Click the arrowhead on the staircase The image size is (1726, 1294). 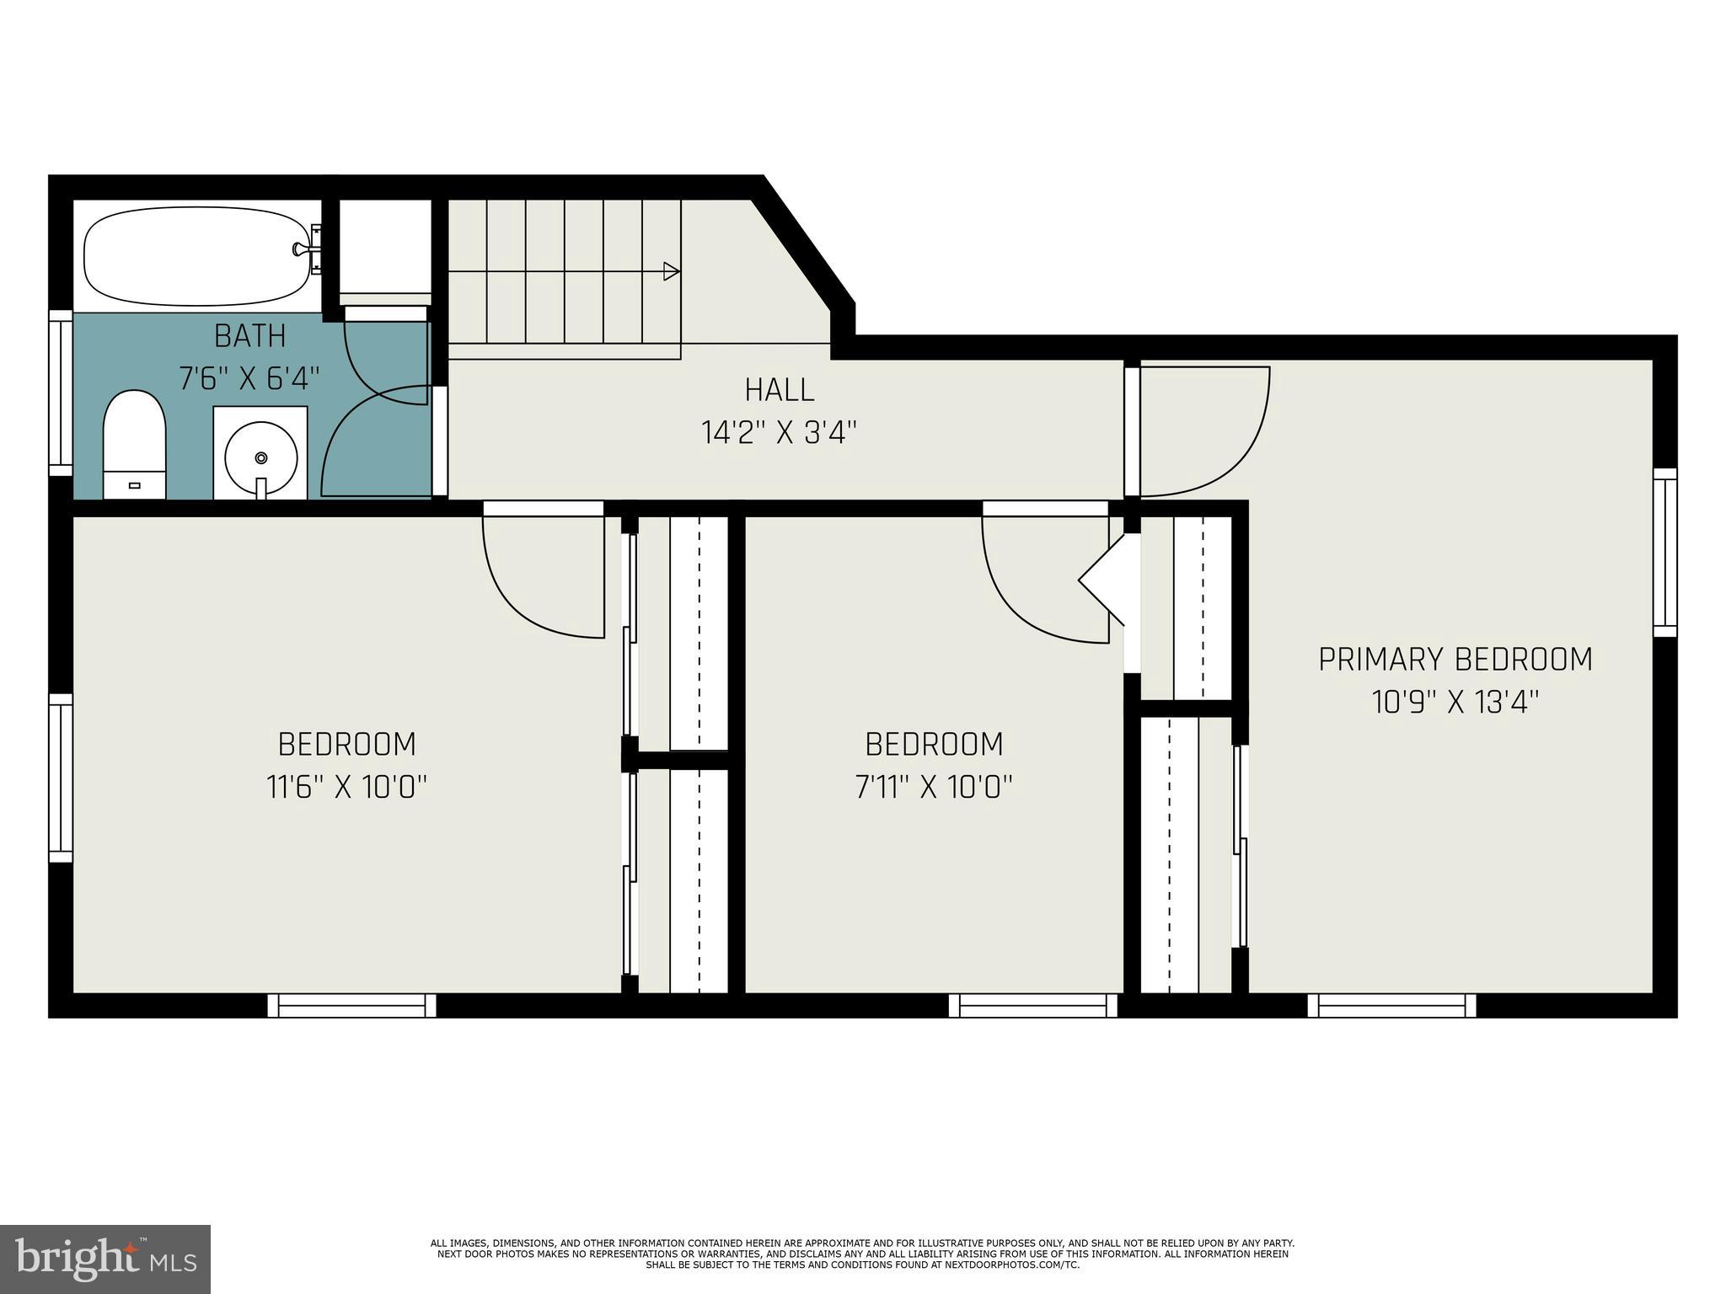(672, 271)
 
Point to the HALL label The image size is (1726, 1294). (780, 390)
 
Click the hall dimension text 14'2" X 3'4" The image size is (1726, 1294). (779, 433)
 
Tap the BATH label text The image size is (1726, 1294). (249, 336)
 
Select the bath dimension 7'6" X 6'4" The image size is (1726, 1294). (249, 379)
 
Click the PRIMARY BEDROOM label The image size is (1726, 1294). (1455, 659)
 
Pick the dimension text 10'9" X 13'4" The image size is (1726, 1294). (1455, 702)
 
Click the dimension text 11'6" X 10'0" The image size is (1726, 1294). (346, 787)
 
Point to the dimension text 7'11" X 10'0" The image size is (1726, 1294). (934, 787)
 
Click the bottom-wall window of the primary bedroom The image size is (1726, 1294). (1391, 1005)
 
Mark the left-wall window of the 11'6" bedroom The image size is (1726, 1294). (61, 778)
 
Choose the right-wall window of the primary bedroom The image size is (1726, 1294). (1664, 553)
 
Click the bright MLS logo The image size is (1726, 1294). (105, 1259)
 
